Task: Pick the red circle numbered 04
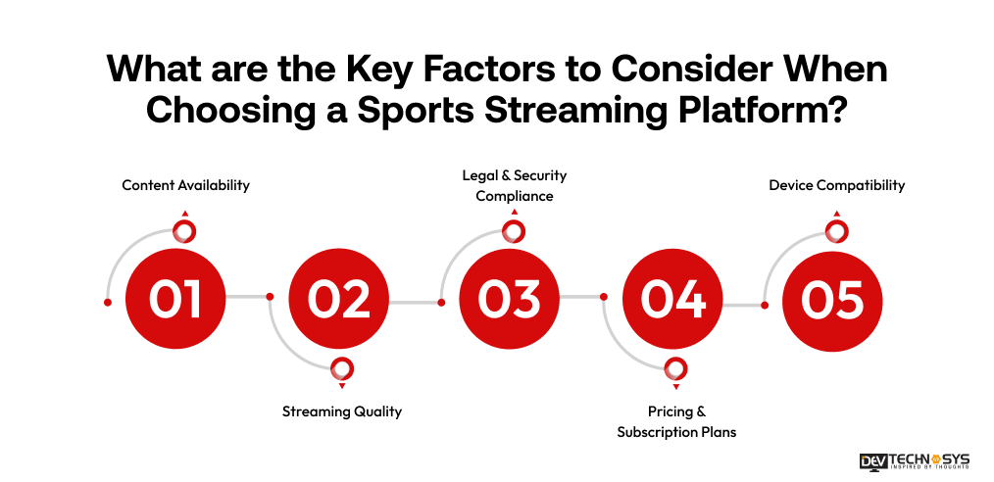673,299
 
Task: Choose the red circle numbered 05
832,299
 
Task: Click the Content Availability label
185,185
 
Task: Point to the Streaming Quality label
342,411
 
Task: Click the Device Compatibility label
836,185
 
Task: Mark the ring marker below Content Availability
181,231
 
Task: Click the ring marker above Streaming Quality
341,368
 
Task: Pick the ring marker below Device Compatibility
835,231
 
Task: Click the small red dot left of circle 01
107,303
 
